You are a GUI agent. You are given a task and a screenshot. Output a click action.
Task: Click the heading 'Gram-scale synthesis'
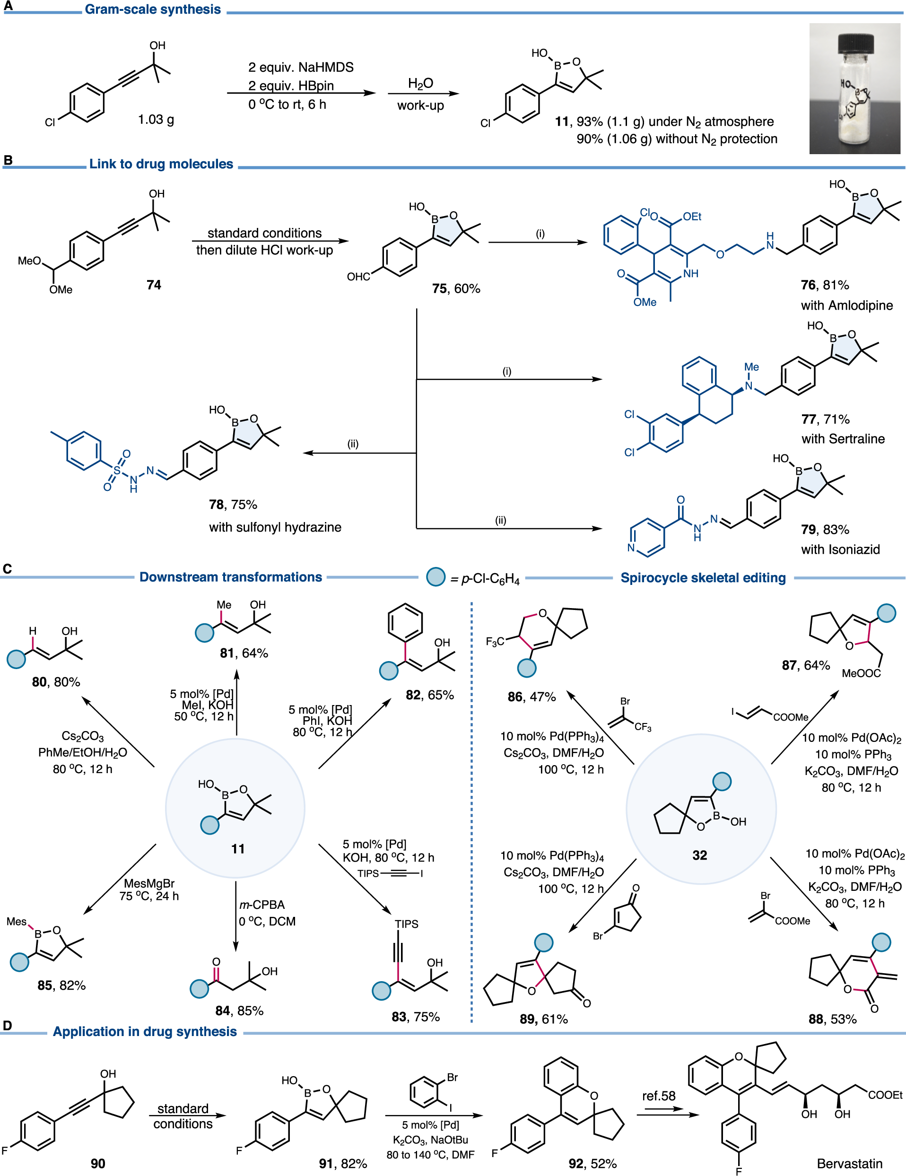tap(153, 9)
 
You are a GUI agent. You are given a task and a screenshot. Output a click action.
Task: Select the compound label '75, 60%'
tap(455, 288)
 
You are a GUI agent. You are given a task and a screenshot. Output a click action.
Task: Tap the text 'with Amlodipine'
tap(846, 305)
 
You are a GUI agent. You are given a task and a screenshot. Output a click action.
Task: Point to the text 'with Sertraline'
tap(843, 439)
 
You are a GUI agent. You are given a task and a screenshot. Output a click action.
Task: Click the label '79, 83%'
tap(824, 529)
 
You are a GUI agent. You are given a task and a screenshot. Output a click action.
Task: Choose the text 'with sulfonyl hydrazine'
tap(275, 527)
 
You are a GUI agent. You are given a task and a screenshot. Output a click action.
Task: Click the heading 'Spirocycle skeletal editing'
tap(703, 578)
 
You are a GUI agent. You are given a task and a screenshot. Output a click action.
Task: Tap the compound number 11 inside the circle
tap(237, 849)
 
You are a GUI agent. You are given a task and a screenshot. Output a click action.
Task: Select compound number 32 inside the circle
tap(699, 855)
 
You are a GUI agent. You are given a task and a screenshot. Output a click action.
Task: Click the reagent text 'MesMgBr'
tap(148, 884)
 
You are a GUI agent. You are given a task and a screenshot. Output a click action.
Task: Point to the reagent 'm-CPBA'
tap(261, 905)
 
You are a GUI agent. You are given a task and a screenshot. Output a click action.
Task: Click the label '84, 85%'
tap(239, 1010)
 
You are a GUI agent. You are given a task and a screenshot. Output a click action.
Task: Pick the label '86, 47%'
tap(531, 697)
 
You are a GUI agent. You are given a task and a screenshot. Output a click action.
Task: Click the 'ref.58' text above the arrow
tap(658, 1096)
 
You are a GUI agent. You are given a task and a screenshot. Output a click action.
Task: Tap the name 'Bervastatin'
tap(849, 1163)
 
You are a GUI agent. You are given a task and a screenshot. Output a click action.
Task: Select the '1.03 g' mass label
tap(156, 119)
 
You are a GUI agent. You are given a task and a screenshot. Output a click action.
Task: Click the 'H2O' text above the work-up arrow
tap(420, 84)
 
